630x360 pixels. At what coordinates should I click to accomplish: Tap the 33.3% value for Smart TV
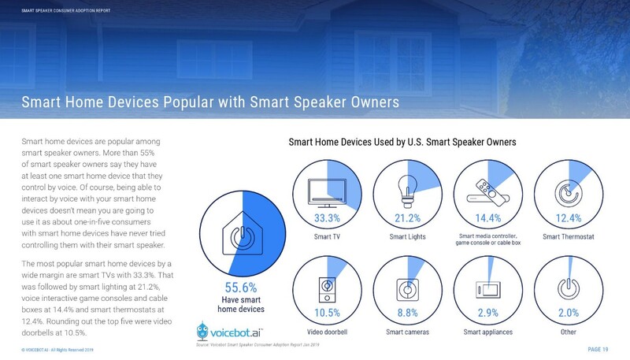click(x=327, y=217)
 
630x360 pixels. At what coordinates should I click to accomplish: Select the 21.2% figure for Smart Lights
click(x=407, y=217)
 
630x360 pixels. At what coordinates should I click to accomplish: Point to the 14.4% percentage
click(x=487, y=217)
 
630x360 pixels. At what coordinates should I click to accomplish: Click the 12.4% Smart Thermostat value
click(x=567, y=217)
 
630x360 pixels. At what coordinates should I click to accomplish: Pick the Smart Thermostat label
click(x=567, y=236)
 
